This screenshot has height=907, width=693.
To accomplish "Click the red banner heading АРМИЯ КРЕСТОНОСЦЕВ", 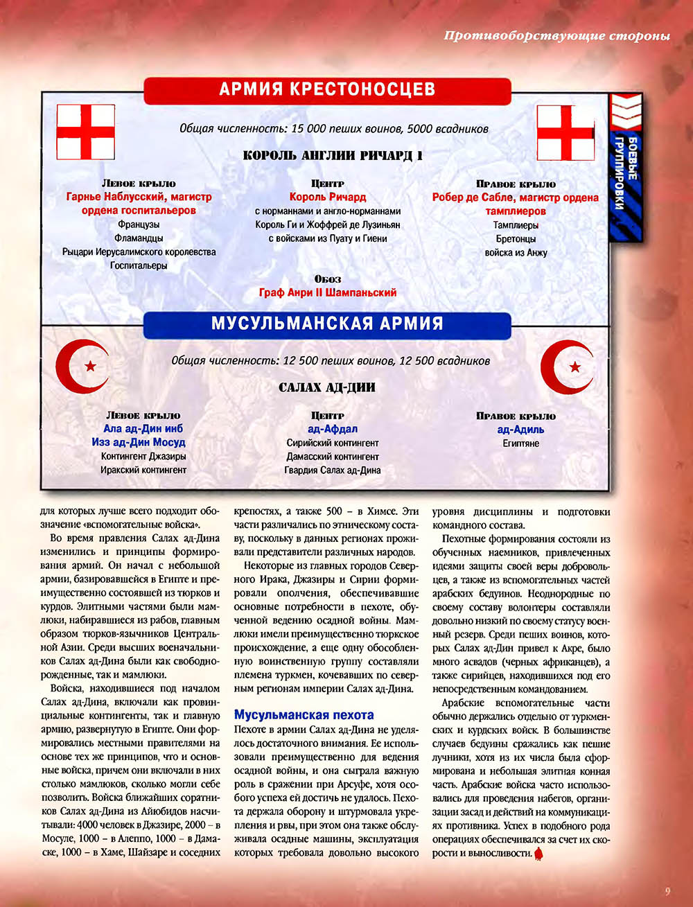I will [327, 89].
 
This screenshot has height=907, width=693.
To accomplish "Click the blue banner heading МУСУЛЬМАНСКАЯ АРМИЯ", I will [327, 324].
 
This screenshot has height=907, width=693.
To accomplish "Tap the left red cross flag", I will [85, 132].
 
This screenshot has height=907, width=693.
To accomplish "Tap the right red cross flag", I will [565, 132].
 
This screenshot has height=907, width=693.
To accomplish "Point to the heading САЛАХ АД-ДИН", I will [327, 387].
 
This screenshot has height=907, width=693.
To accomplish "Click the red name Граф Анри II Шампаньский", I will [328, 292].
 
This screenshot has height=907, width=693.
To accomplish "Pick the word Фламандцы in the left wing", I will [139, 238].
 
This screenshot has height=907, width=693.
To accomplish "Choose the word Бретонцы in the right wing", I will [516, 239].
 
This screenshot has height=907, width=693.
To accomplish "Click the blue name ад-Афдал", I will [328, 429].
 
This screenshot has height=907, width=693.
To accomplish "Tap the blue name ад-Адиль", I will [520, 429].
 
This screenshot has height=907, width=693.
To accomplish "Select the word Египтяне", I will [520, 443].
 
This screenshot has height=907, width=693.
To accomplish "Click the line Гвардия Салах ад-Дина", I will [332, 470].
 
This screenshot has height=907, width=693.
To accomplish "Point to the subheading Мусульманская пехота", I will [304, 715].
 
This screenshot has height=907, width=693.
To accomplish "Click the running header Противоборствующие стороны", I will [557, 36].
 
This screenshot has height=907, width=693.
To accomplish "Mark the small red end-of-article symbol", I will [540, 854].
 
